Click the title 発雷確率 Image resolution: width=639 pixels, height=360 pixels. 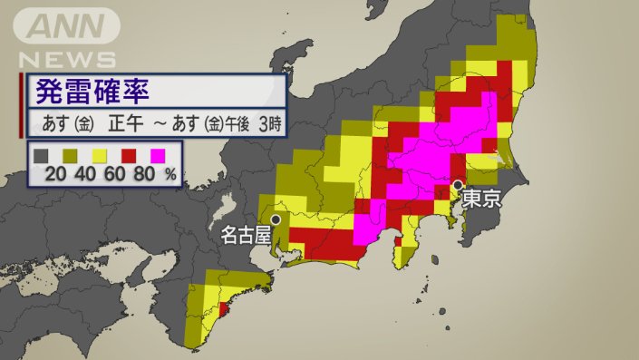[92, 92]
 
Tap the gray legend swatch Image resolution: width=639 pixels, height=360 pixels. [41, 156]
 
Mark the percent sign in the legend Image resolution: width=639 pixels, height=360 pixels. [169, 175]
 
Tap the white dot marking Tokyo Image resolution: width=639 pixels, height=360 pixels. [459, 186]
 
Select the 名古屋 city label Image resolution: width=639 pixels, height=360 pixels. [246, 236]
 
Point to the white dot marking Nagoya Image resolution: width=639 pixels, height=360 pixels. [275, 219]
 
